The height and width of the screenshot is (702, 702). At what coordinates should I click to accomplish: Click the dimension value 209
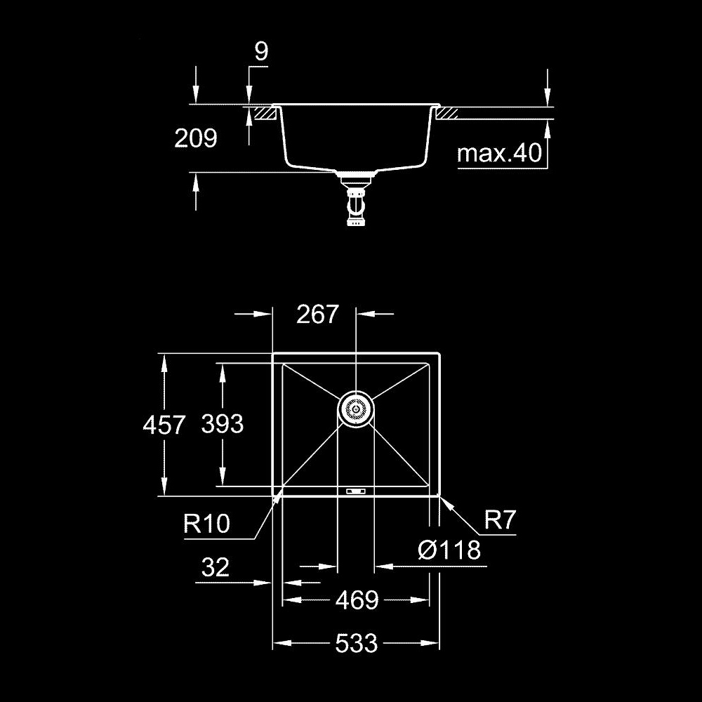point(196,138)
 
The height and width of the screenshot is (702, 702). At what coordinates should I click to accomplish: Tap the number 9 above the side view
point(261,51)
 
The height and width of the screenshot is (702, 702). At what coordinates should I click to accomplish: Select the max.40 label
point(499,153)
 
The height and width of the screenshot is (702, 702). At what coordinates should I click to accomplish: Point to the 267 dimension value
point(317,314)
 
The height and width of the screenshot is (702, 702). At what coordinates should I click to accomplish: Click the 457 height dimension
point(164,425)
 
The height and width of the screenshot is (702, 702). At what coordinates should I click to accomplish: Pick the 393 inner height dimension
point(222,423)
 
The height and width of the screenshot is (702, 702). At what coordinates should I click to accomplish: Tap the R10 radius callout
point(207,523)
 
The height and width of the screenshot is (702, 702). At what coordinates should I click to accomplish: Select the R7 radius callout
point(501,519)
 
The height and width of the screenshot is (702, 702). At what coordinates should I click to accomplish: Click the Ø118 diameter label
point(449,550)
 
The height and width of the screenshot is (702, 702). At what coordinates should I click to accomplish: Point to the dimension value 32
point(216,567)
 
